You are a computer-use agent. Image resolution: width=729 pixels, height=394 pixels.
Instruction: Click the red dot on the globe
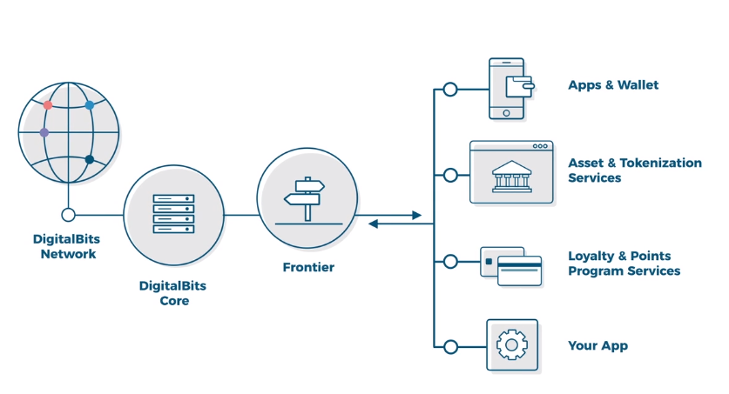pyautogui.click(x=48, y=105)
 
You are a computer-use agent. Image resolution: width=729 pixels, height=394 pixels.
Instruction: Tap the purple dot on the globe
pyautogui.click(x=44, y=133)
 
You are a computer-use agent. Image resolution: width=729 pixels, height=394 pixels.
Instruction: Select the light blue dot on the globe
pyautogui.click(x=89, y=105)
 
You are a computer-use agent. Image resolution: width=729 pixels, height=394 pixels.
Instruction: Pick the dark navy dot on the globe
pyautogui.click(x=89, y=159)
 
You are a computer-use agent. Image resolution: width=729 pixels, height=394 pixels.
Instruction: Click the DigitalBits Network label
pyautogui.click(x=64, y=246)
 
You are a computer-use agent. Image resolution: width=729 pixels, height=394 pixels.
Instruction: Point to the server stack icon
pyautogui.click(x=173, y=214)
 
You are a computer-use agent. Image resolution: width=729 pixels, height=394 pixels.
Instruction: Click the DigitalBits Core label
pyautogui.click(x=174, y=292)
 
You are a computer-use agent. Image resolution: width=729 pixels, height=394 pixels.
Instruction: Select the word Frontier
pyautogui.click(x=308, y=268)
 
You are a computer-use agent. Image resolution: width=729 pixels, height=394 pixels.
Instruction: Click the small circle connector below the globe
pyautogui.click(x=68, y=215)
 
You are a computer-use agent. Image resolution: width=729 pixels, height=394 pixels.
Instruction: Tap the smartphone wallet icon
pyautogui.click(x=508, y=88)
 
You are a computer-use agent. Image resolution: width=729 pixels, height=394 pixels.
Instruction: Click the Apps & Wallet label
pyautogui.click(x=613, y=85)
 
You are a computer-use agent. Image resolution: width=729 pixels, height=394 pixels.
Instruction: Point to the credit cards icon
pyautogui.click(x=511, y=266)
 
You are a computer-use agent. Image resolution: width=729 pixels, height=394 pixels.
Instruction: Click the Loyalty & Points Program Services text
pyautogui.click(x=624, y=264)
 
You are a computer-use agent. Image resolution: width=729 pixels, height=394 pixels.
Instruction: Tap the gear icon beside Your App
pyautogui.click(x=511, y=345)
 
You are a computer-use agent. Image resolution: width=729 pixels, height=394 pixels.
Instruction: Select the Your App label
pyautogui.click(x=597, y=346)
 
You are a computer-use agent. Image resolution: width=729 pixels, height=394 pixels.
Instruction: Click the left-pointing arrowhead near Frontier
pyautogui.click(x=373, y=224)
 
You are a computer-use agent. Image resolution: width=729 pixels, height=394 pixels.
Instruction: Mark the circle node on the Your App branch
pyautogui.click(x=450, y=347)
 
